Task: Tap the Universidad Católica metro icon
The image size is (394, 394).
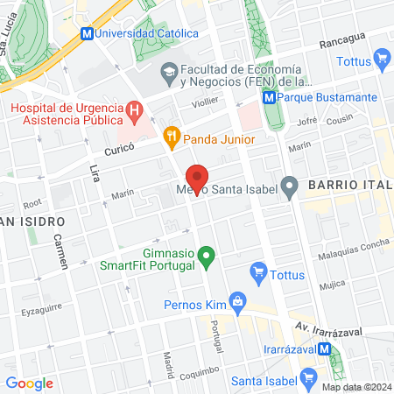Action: click(x=86, y=34)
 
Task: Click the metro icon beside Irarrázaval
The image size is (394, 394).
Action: click(x=326, y=348)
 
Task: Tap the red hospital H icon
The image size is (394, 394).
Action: click(x=134, y=110)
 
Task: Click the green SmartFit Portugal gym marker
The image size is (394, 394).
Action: click(x=206, y=257)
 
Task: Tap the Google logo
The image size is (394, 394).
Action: click(x=29, y=383)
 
